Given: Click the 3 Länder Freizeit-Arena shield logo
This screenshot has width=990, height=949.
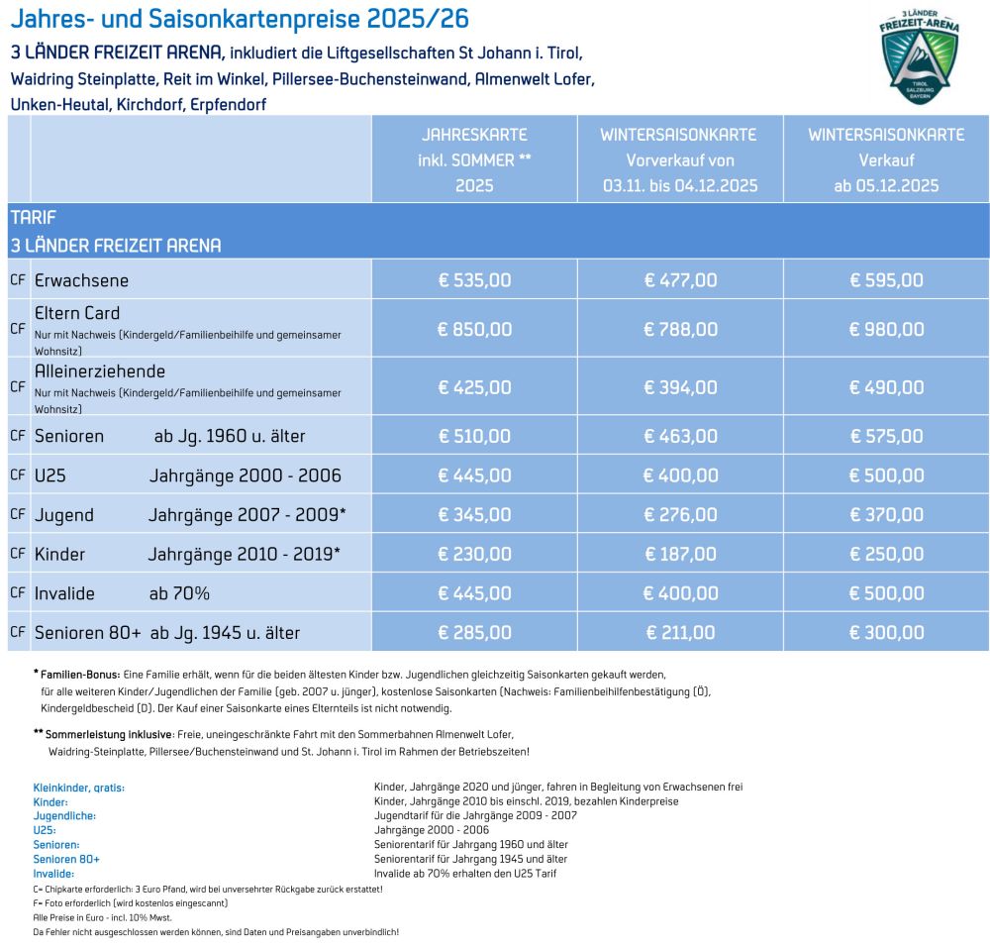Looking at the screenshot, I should (x=920, y=56).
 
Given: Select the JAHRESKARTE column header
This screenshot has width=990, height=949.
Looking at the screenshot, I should (x=474, y=135).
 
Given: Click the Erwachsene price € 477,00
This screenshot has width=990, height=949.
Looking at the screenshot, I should (x=680, y=280).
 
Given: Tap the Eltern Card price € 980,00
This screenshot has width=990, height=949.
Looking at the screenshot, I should (x=886, y=329).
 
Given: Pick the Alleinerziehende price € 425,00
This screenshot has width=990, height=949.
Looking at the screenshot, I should (x=474, y=386).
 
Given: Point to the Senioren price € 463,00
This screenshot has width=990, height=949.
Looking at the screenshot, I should (x=680, y=436).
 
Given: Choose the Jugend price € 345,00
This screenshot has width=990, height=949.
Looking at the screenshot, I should (x=474, y=514).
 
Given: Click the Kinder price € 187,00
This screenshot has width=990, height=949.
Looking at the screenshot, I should (x=680, y=554).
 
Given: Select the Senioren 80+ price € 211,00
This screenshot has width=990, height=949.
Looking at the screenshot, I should (x=680, y=632).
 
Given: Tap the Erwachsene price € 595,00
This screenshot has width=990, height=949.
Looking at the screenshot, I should (x=886, y=280).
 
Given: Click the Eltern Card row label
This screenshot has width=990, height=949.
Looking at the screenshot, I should (x=77, y=314).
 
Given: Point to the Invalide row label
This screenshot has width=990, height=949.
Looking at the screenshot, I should (x=64, y=593).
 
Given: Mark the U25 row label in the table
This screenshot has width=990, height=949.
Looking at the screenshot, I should (x=50, y=475).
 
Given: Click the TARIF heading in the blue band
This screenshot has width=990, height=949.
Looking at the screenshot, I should (x=34, y=218).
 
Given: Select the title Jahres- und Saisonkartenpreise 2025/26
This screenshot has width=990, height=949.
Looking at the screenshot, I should (x=240, y=19).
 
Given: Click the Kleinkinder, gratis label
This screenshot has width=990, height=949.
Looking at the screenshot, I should (x=79, y=788).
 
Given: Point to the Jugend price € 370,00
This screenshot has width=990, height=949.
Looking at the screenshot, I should (x=886, y=514).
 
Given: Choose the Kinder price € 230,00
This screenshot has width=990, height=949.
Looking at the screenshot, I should (x=474, y=554).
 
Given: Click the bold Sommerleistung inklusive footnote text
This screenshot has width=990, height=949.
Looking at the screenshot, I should (x=109, y=734).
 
